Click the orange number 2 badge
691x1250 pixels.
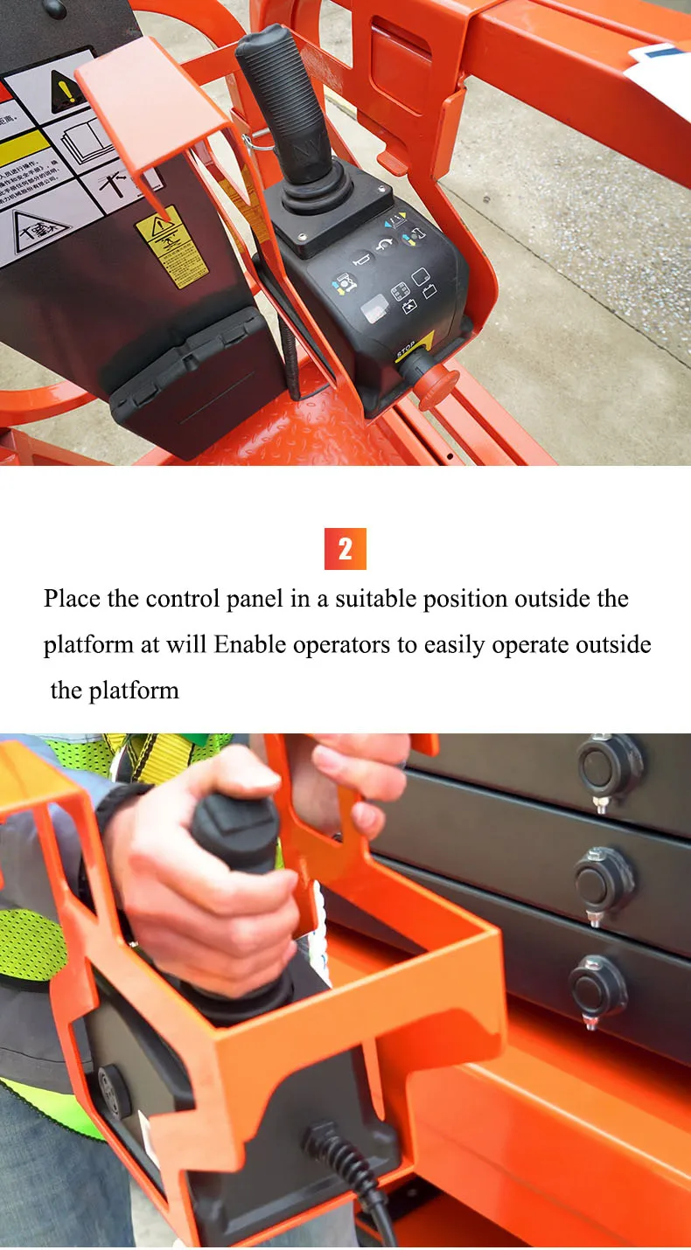[345, 549]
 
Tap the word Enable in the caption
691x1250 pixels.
[250, 645]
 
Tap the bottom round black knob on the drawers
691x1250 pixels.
[598, 986]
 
